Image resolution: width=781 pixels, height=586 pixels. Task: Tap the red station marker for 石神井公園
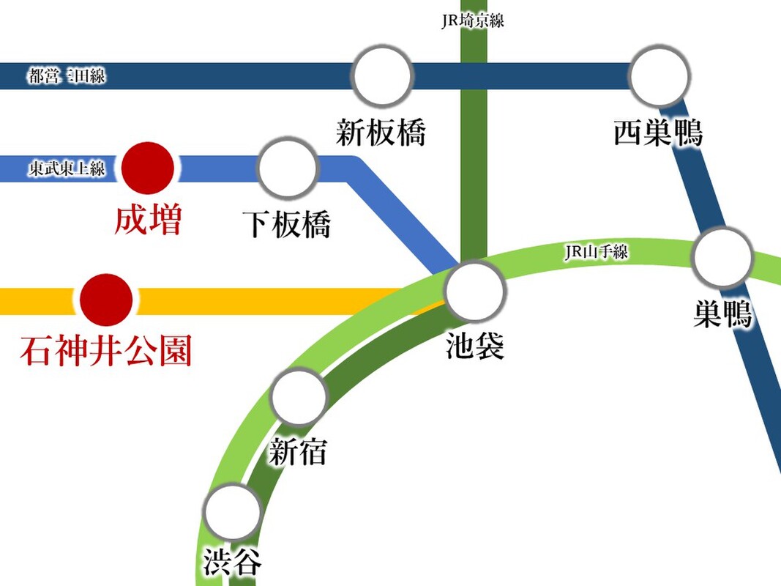click(x=106, y=300)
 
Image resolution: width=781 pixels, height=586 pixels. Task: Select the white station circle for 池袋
click(x=476, y=290)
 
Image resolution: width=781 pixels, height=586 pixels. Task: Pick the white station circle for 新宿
click(x=298, y=397)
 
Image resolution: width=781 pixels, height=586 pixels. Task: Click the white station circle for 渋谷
click(x=233, y=511)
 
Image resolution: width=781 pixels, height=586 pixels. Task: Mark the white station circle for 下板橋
click(x=288, y=167)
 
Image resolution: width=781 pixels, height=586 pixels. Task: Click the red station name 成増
click(x=148, y=220)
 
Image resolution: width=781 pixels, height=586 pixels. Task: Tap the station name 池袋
click(x=475, y=345)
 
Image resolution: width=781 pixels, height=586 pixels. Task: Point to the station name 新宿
click(x=297, y=452)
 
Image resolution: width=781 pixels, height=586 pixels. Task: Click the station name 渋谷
click(x=232, y=563)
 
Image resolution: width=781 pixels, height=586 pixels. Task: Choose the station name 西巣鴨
click(x=658, y=134)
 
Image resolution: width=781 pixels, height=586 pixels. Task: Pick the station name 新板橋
click(x=381, y=134)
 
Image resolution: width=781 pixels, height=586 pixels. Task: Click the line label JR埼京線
click(x=473, y=21)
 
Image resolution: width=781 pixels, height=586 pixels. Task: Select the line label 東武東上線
click(x=67, y=169)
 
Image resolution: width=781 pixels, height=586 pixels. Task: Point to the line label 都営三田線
click(x=67, y=75)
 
